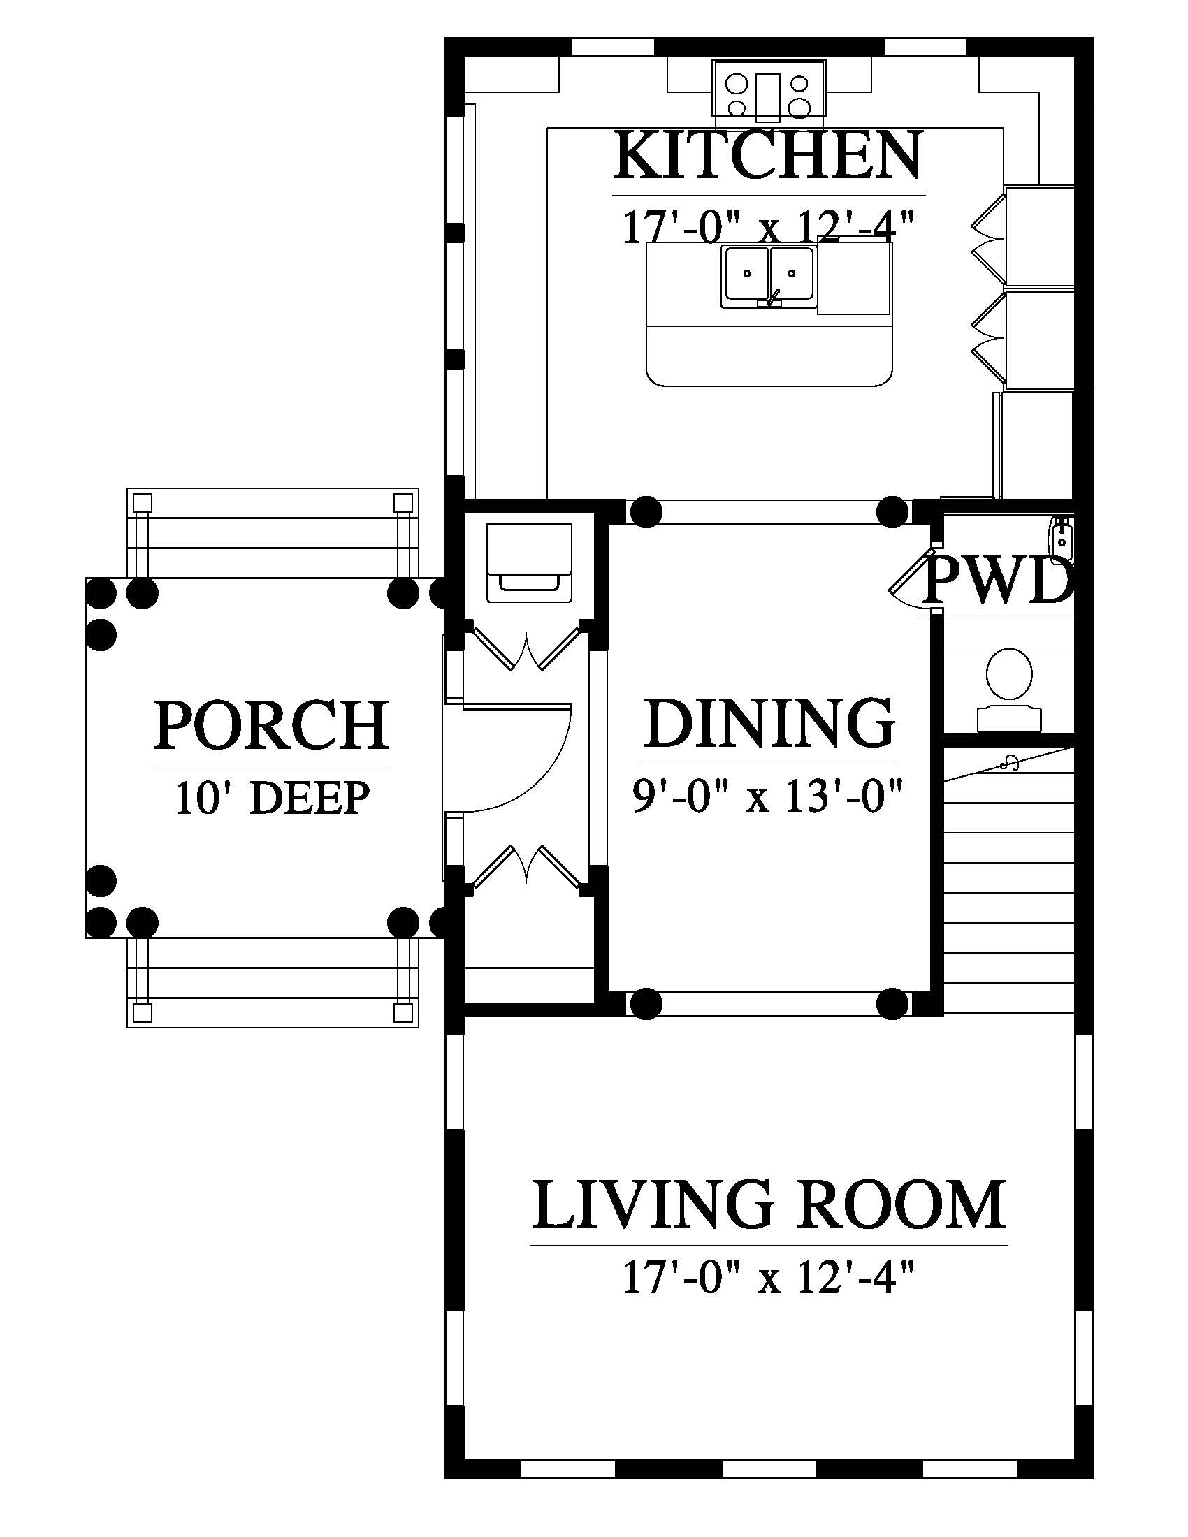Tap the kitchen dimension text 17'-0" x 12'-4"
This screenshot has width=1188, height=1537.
[x=769, y=226]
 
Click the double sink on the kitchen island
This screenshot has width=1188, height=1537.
[x=769, y=277]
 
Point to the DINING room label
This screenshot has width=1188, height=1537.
[x=769, y=723]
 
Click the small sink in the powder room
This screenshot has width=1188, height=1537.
[x=1061, y=535]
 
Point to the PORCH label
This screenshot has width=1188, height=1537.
[x=271, y=724]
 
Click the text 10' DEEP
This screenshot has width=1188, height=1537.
[x=273, y=799]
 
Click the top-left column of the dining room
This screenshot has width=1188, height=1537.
[x=646, y=511]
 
